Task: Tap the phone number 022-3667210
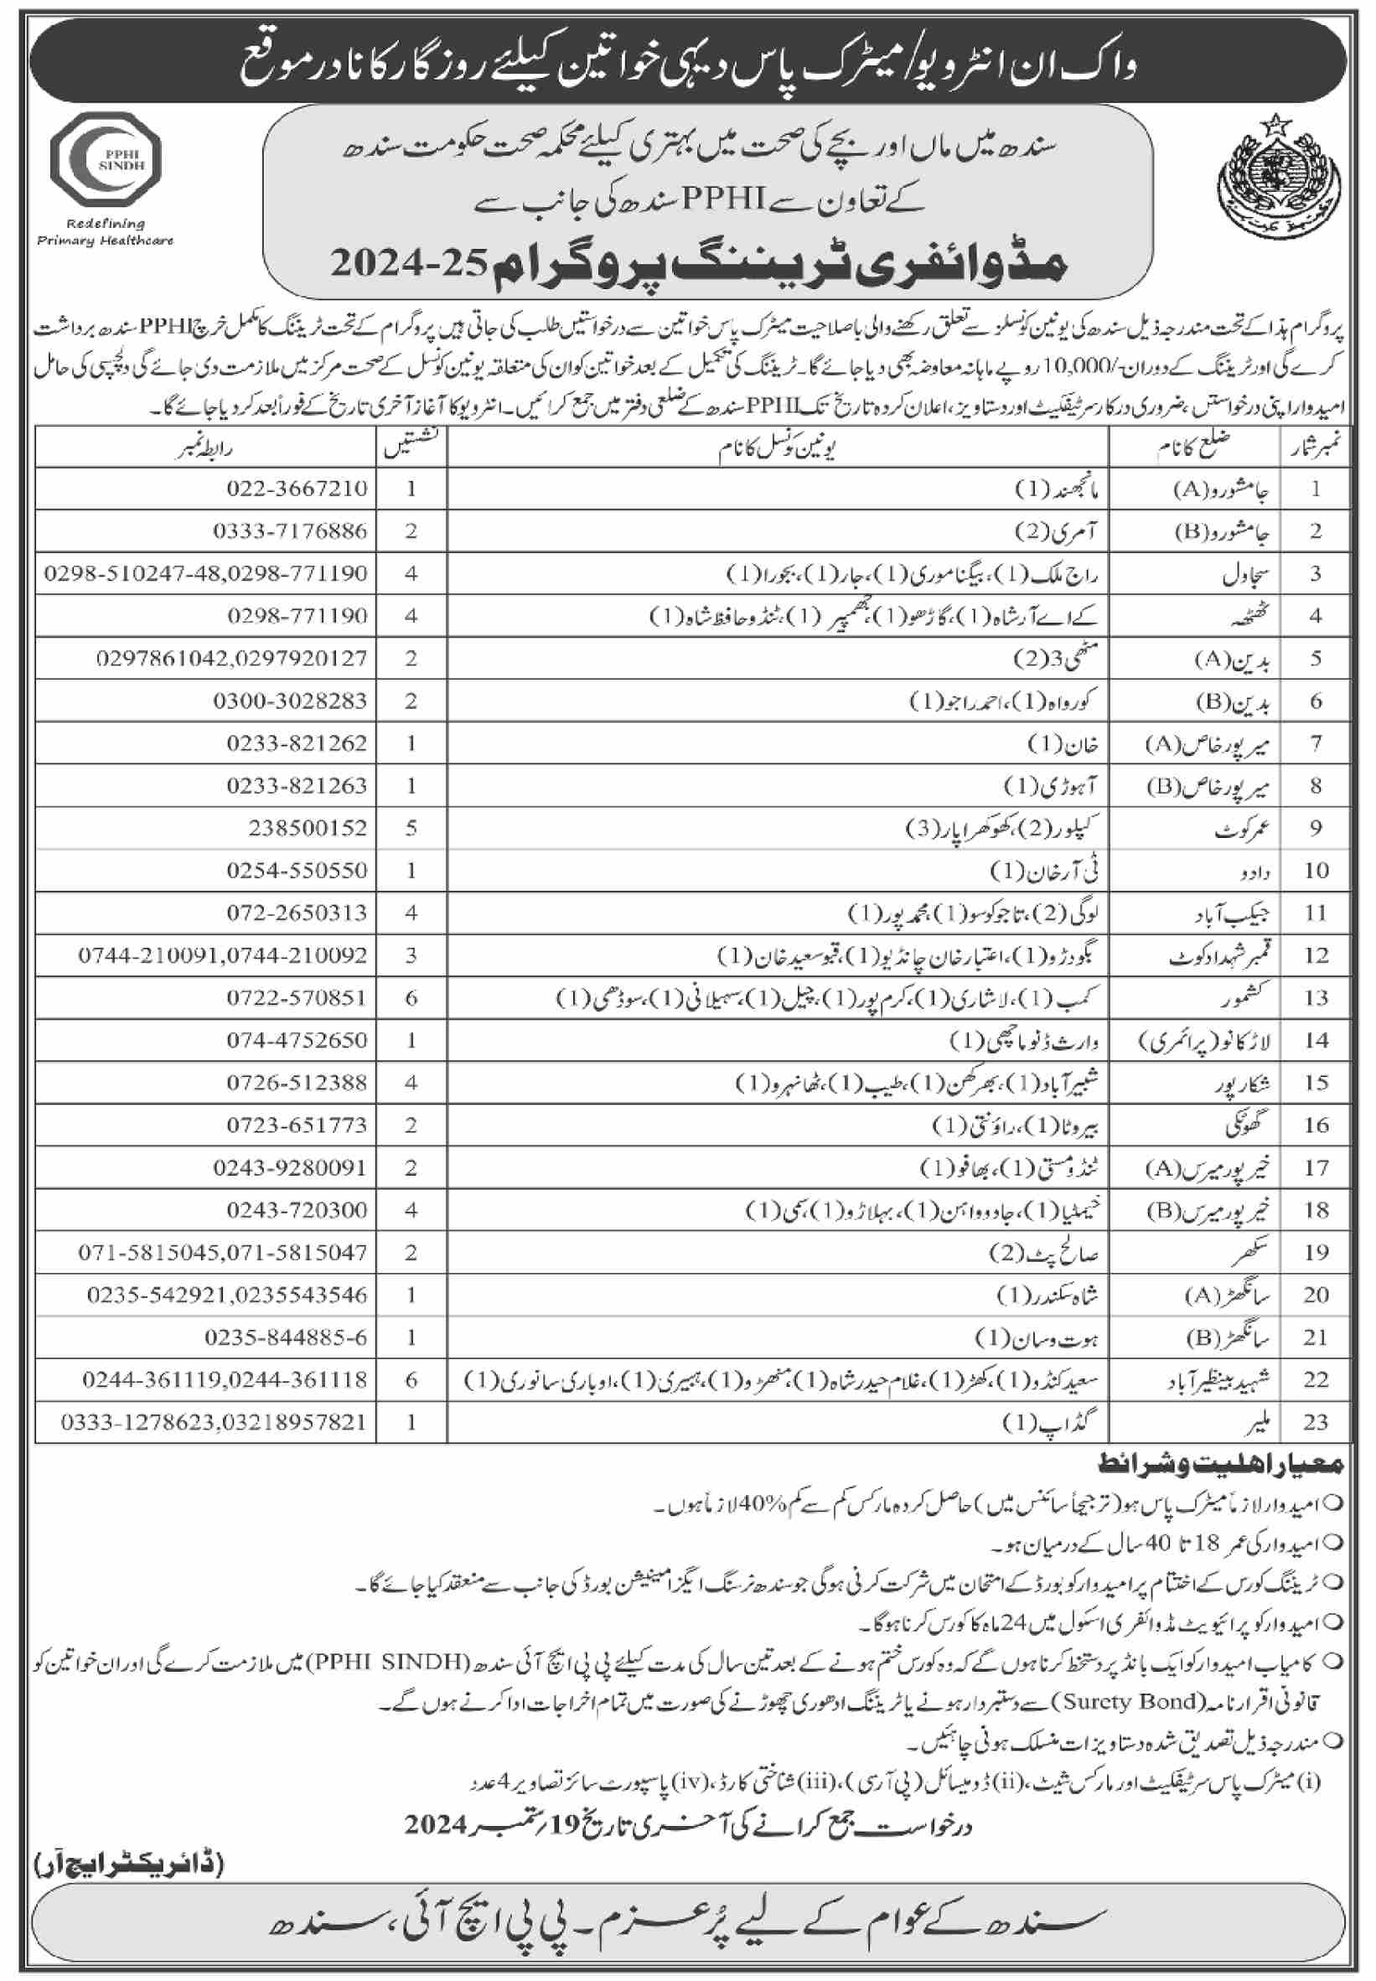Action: (x=297, y=488)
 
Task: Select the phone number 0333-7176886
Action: (x=290, y=530)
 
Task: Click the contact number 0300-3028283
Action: (x=290, y=700)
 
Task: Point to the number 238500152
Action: (x=307, y=828)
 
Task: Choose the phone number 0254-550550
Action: (x=297, y=870)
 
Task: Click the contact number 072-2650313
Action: (x=297, y=912)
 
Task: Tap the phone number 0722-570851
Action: (x=297, y=997)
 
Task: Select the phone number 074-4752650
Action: (x=297, y=1040)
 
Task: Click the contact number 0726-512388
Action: (x=297, y=1082)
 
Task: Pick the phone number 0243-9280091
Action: (x=290, y=1167)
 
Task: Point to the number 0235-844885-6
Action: (x=286, y=1337)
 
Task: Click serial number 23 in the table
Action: (x=1316, y=1421)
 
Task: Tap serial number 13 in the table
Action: (x=1316, y=997)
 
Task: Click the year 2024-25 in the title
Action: (x=410, y=263)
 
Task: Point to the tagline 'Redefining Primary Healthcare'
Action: (x=106, y=232)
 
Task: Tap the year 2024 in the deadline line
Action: (x=437, y=1823)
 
